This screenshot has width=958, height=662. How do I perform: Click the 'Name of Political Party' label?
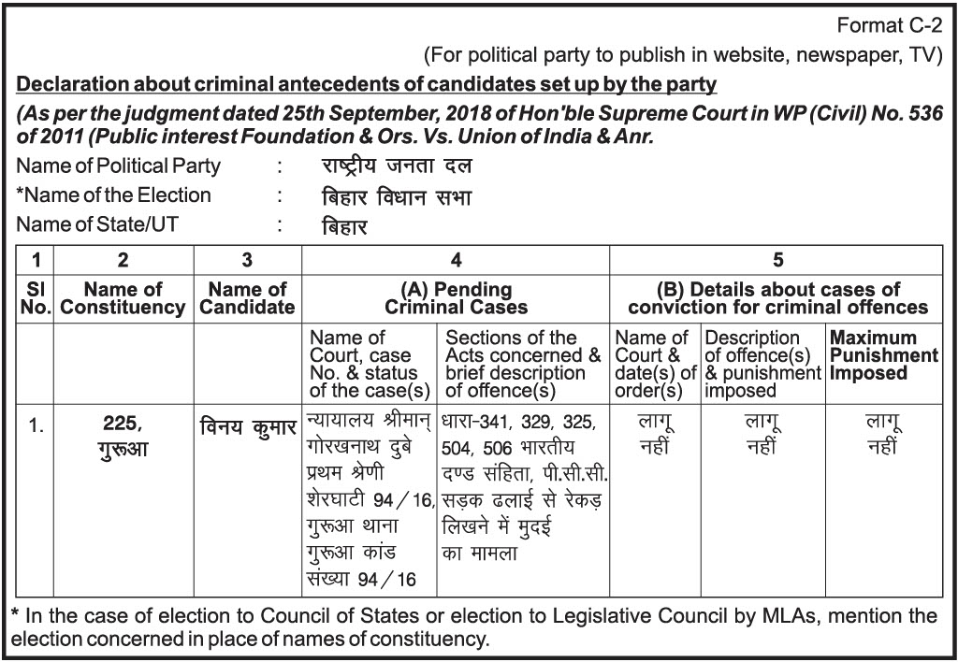[119, 166]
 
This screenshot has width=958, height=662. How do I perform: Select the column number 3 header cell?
[247, 261]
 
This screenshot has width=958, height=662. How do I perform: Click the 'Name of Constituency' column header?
[123, 298]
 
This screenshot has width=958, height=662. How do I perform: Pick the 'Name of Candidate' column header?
[247, 298]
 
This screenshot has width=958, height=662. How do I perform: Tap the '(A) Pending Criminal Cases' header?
[456, 298]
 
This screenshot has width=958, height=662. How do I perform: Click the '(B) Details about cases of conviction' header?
[777, 298]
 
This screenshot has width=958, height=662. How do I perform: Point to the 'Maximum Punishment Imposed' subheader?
[883, 355]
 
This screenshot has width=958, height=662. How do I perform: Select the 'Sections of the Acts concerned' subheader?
[523, 364]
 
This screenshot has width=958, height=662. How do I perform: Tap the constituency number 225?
[123, 424]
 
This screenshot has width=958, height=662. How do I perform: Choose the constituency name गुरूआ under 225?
[123, 449]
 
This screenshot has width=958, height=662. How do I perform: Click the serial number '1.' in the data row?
[35, 426]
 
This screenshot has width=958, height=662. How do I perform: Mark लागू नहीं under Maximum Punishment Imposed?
[883, 435]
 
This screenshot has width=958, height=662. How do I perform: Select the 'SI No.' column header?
[35, 298]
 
